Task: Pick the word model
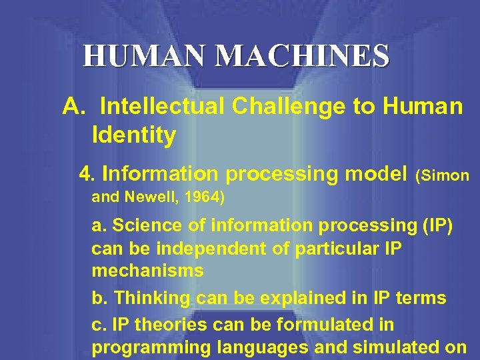373,174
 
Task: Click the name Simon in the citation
445,176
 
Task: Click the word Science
143,226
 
